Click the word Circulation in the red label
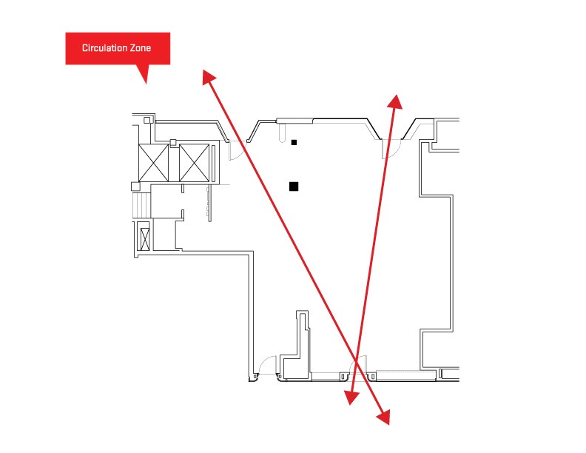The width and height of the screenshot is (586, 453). tap(104, 48)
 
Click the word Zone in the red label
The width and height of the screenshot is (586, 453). tap(141, 48)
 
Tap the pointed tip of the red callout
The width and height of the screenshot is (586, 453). tap(146, 84)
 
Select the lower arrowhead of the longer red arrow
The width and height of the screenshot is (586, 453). tap(384, 417)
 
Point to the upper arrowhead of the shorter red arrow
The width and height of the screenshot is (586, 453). tap(394, 101)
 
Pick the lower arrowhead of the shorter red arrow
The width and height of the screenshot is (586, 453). tap(351, 397)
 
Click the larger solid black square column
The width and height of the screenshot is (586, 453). tap(294, 186)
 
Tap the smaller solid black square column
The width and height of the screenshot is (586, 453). tap(294, 142)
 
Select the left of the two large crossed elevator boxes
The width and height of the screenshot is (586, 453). tap(153, 163)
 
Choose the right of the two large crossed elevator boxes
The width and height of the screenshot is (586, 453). tap(194, 163)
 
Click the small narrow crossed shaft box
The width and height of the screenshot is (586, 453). tap(144, 239)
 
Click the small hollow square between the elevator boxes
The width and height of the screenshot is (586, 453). tap(173, 142)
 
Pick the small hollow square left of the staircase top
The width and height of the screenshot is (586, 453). tap(135, 187)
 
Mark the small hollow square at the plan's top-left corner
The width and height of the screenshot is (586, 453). tap(147, 120)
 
